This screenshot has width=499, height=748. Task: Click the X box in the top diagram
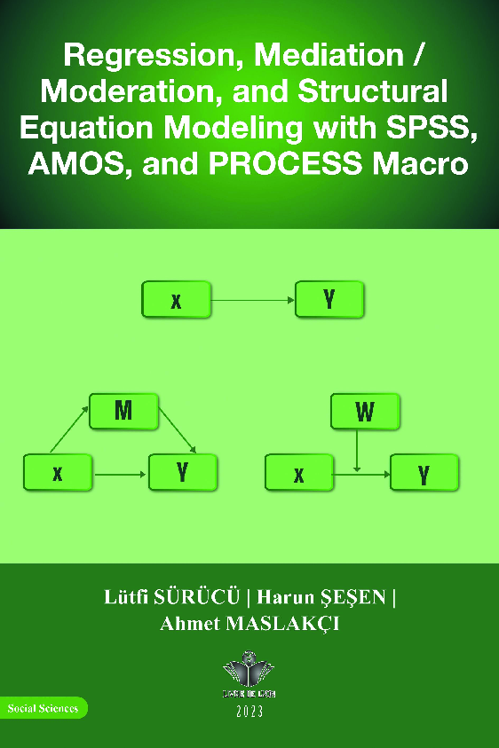coord(176,300)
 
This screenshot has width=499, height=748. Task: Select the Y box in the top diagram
coord(329,300)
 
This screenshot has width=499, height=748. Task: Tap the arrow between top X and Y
coord(253,300)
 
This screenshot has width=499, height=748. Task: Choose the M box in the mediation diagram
coord(123,412)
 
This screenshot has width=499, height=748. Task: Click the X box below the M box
coord(57,473)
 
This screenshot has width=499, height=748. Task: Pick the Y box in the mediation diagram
coord(183,472)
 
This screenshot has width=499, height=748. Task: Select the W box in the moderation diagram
coord(365,412)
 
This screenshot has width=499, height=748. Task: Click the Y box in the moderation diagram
coord(424,473)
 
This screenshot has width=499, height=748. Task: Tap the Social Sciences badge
coord(43,708)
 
